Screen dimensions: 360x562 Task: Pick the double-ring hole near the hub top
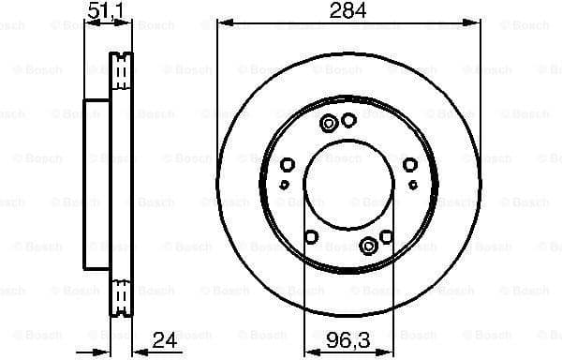coord(330,124)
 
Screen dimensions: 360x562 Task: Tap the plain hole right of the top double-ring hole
coord(348,120)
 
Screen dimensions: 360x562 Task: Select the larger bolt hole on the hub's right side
coord(410,166)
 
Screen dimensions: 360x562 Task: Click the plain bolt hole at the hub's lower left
coord(313,237)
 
